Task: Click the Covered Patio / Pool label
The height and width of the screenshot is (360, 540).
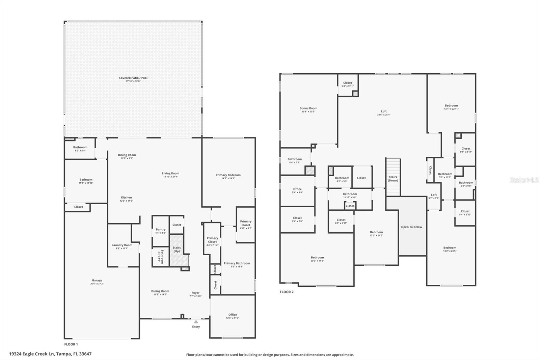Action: tap(133, 78)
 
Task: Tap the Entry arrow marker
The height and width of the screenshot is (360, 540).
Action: tap(196, 322)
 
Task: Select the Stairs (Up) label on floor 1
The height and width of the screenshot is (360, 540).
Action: tap(177, 249)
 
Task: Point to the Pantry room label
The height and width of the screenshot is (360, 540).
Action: tap(161, 230)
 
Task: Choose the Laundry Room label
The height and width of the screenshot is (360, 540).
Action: tap(122, 245)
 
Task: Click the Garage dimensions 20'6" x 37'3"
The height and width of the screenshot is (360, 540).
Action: tap(97, 284)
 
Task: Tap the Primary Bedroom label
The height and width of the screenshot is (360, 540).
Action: tap(228, 175)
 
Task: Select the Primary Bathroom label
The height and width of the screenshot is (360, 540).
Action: tap(237, 263)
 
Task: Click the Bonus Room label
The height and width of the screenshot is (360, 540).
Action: tap(308, 108)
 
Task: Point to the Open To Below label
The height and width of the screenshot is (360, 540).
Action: tap(411, 227)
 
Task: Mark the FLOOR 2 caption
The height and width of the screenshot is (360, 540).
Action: tap(287, 292)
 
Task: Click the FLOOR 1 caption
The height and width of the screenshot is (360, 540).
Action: tap(71, 344)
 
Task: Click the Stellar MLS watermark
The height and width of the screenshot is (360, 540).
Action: tap(524, 180)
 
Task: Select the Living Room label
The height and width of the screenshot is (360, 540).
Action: tap(170, 173)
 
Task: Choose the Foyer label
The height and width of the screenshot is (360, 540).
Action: tap(195, 293)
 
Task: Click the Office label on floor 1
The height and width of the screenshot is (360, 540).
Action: tap(233, 315)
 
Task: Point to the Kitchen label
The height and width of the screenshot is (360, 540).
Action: tap(126, 198)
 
